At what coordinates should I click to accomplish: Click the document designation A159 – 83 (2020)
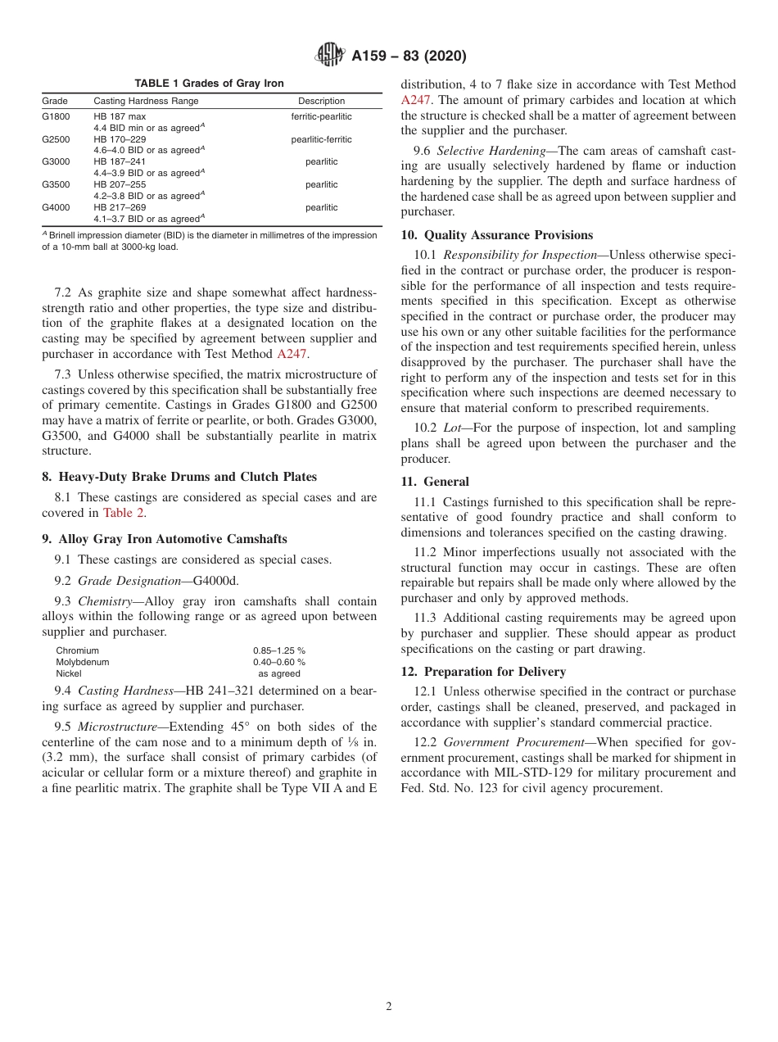point(409,56)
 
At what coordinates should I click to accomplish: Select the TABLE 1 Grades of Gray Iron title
point(209,84)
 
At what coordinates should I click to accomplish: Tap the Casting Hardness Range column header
point(146,102)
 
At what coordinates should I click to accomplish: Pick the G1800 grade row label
point(56,116)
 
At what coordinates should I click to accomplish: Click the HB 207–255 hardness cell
point(120,185)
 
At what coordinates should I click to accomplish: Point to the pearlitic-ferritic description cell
point(321,139)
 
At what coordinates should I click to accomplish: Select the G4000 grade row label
point(56,208)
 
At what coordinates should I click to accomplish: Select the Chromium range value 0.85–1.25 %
point(278,650)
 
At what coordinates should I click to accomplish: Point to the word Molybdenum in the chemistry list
point(82,662)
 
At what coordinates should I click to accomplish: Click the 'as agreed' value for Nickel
point(279,673)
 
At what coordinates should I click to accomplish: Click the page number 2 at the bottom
point(389,1007)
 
